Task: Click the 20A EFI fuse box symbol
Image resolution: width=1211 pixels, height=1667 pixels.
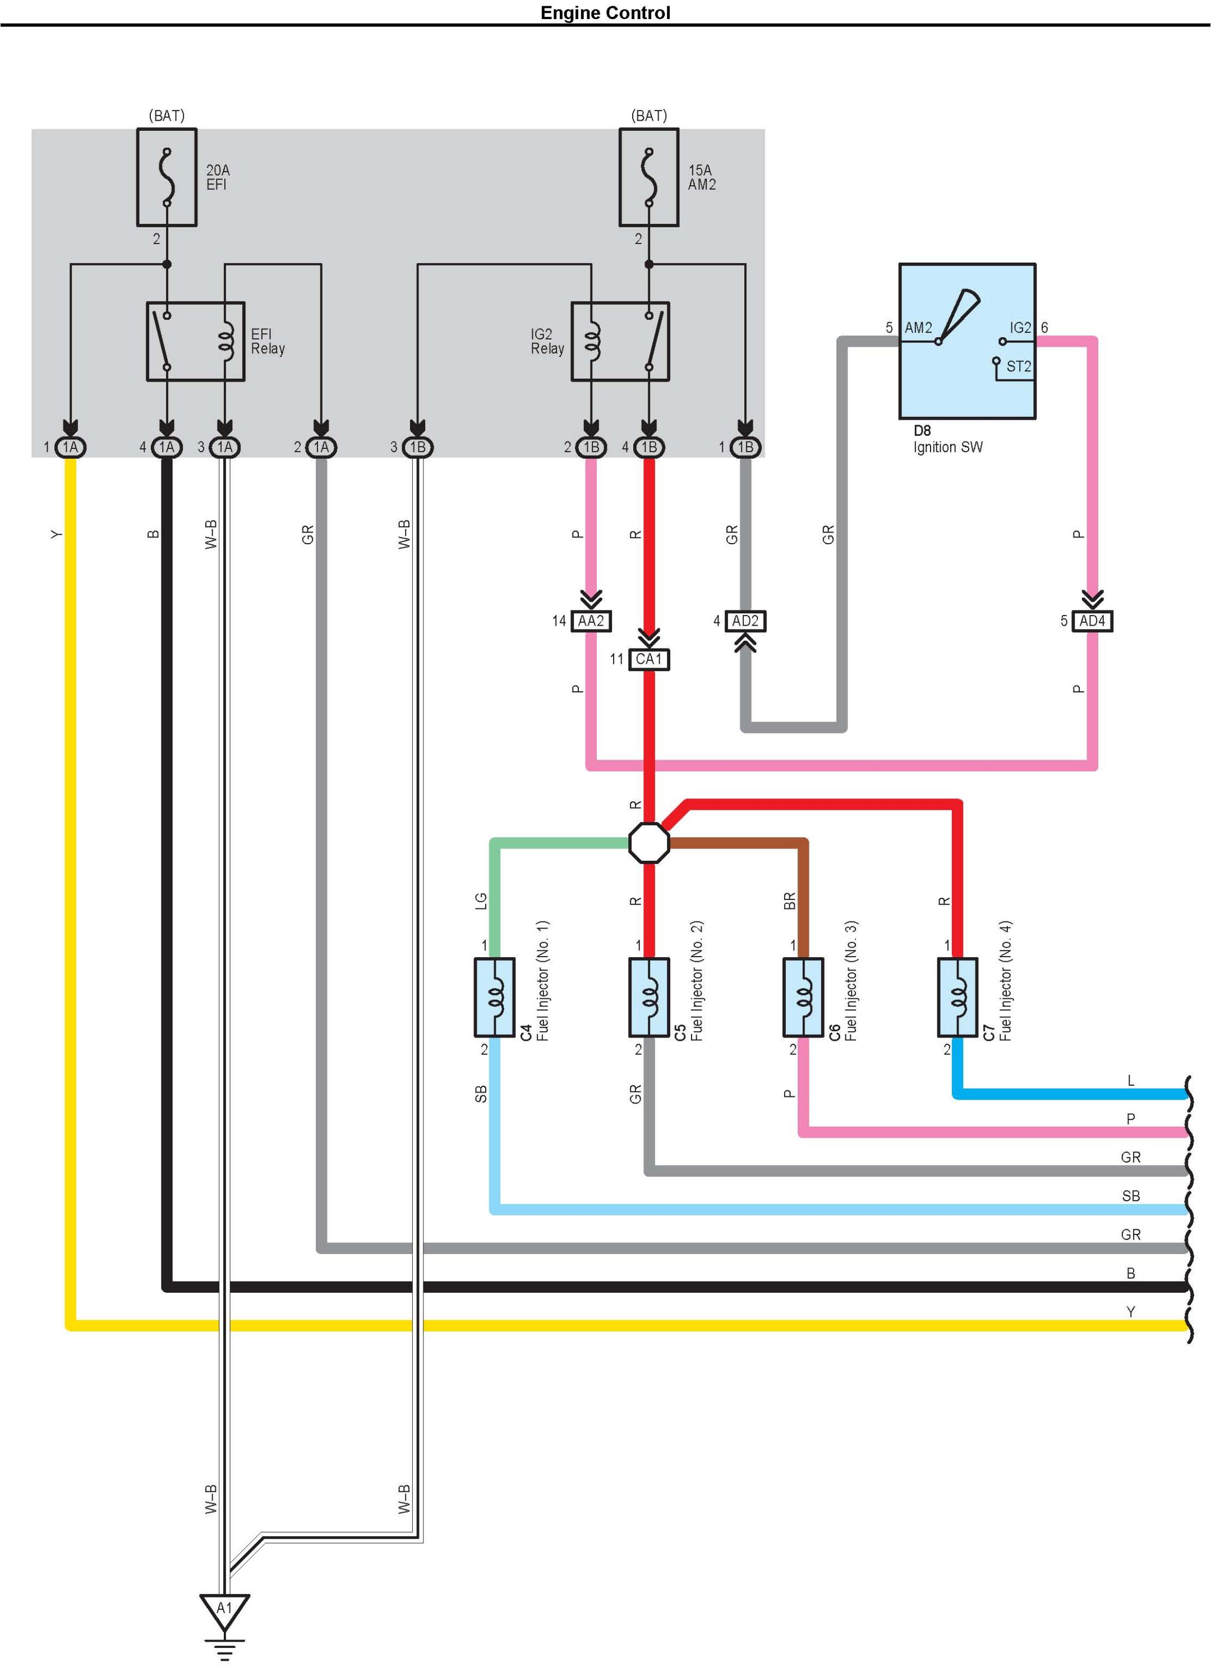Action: (167, 177)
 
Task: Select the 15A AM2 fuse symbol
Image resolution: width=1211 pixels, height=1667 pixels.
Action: (649, 177)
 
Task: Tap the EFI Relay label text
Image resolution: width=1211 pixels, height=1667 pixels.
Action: (268, 341)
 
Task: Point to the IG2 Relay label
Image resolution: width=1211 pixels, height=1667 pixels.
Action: (547, 341)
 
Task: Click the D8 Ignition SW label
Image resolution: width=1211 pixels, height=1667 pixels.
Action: (948, 439)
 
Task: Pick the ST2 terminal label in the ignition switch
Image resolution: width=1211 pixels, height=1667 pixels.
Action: (1019, 366)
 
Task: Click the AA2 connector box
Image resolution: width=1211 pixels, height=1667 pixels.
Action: (591, 621)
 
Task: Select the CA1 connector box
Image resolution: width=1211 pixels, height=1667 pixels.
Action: (649, 659)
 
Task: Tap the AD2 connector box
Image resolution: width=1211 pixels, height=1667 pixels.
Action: (745, 621)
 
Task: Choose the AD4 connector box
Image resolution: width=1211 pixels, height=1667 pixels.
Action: (1092, 621)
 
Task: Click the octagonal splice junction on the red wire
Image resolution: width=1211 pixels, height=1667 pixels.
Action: (649, 842)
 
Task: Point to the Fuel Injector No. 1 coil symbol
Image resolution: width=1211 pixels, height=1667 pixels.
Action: (495, 998)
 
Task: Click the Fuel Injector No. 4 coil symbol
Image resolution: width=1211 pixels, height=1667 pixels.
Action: (957, 998)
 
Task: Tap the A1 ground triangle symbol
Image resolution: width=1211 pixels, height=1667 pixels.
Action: (224, 1609)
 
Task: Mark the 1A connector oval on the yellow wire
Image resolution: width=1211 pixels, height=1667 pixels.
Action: (71, 447)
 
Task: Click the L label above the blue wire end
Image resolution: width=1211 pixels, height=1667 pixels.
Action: (1131, 1081)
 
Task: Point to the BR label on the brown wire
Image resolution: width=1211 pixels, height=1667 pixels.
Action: (790, 901)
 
